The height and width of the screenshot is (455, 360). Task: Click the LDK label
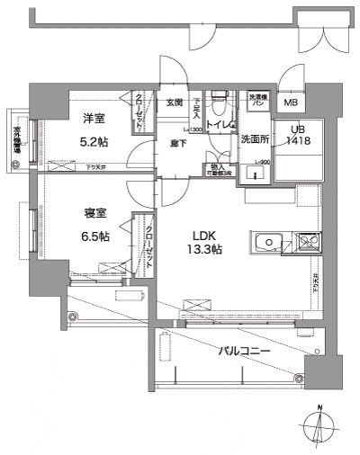(202, 236)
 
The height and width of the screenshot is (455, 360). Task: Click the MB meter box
(292, 103)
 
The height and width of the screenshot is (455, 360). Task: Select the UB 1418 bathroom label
(296, 136)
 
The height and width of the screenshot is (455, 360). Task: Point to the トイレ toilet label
(220, 123)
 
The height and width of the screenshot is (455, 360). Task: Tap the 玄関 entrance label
(174, 103)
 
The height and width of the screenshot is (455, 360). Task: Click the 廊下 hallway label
(177, 142)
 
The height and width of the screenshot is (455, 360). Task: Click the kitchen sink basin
(268, 243)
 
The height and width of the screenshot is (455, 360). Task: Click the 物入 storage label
(220, 167)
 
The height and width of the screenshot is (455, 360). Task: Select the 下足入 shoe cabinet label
(195, 109)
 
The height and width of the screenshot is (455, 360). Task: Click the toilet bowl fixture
(218, 103)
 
